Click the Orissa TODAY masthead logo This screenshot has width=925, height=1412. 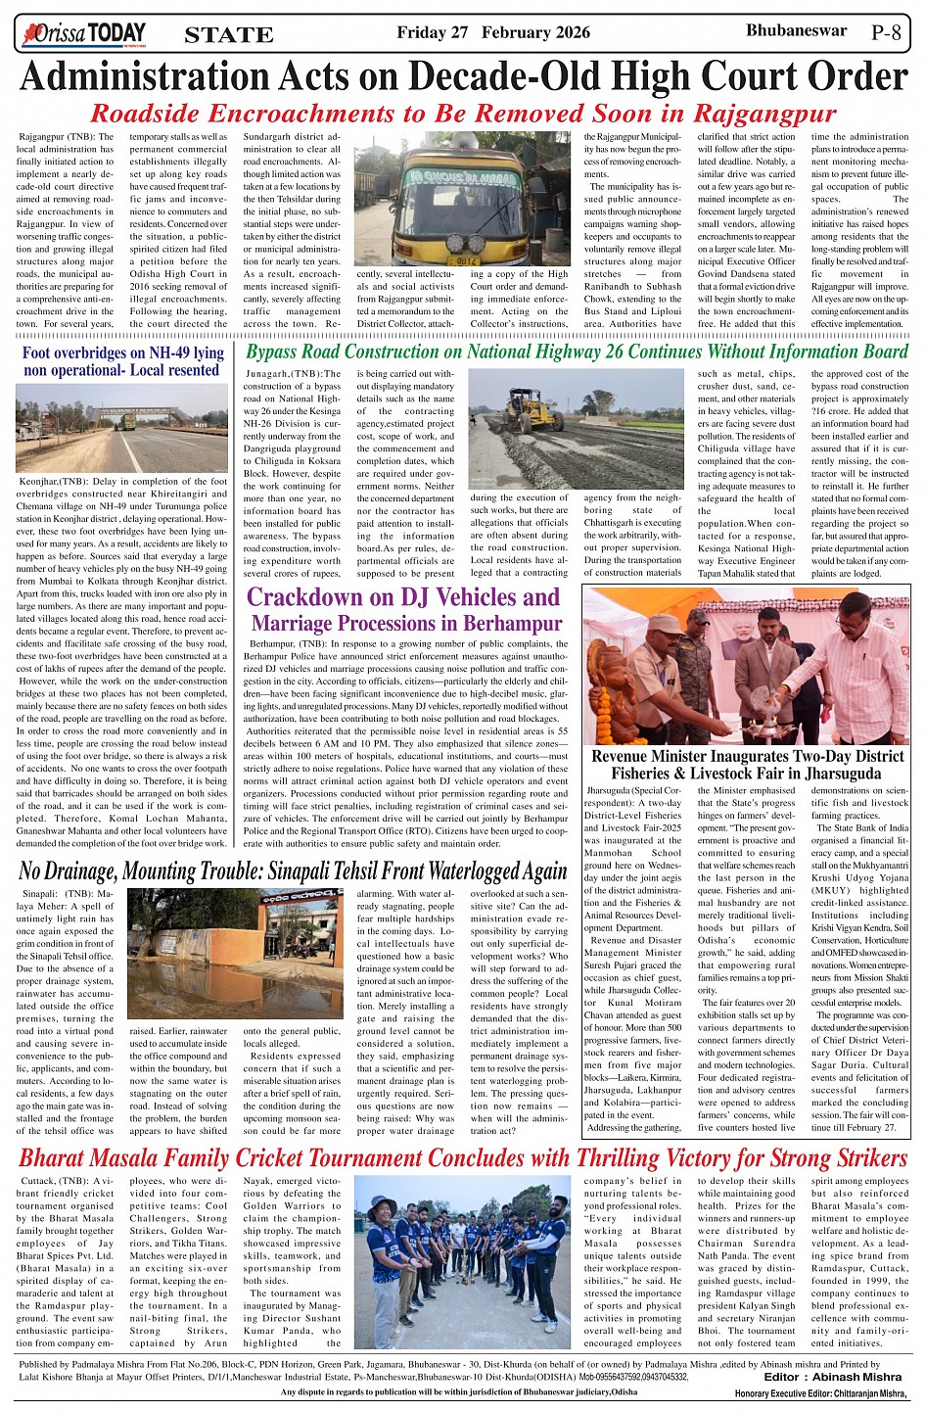click(83, 34)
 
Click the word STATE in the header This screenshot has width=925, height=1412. click(229, 35)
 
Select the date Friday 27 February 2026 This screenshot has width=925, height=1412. click(493, 32)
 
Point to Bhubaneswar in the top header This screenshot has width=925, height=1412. click(796, 30)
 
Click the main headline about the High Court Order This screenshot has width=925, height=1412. click(463, 77)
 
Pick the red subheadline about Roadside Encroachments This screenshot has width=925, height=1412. click(463, 114)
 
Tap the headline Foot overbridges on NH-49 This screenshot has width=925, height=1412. click(122, 361)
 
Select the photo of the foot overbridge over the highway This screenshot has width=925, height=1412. click(122, 428)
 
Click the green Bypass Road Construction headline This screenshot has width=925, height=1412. click(578, 352)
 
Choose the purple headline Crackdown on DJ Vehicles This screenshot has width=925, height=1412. click(402, 609)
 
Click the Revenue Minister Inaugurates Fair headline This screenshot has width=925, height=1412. click(747, 765)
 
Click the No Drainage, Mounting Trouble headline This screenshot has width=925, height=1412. click(293, 871)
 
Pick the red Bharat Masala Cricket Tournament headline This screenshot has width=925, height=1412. click(463, 1157)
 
